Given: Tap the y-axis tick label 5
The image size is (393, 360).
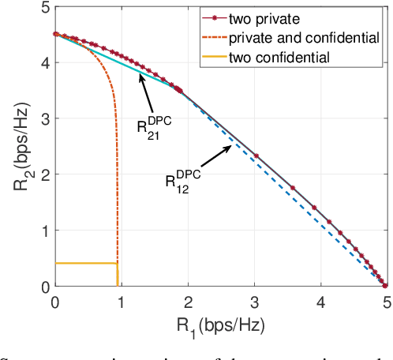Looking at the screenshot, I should tap(44, 7).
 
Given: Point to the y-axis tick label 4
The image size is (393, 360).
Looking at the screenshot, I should tap(44, 63).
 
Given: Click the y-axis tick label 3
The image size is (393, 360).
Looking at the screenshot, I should tap(44, 119).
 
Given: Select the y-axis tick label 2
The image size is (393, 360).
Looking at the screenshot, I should tap(44, 175).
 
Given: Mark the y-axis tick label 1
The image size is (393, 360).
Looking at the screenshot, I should tap(44, 231).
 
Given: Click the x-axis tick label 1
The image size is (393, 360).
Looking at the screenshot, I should tap(121, 300).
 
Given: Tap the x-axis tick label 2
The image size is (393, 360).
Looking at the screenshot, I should tap(188, 300).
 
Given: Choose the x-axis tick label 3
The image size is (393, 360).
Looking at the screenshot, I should tap(254, 300).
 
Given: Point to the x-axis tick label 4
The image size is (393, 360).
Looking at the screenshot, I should tap(320, 300).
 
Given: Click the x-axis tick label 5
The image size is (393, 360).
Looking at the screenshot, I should tap(386, 300).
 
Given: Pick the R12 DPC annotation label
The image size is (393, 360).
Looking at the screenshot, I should tap(182, 183).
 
